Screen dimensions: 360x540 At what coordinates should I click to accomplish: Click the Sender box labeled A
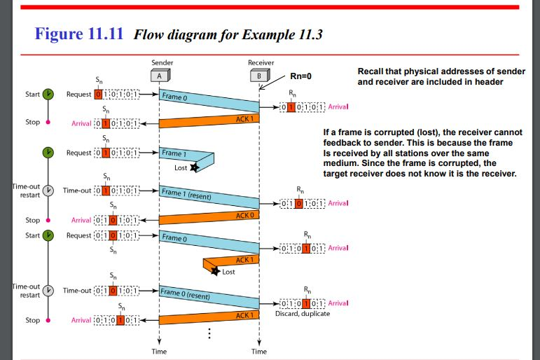(x=159, y=76)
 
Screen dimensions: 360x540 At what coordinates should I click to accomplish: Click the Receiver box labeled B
(x=259, y=76)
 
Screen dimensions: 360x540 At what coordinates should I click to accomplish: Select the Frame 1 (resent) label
(x=186, y=194)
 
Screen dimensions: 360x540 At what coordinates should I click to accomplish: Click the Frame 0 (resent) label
(x=185, y=294)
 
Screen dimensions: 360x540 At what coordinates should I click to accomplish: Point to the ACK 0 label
(x=244, y=215)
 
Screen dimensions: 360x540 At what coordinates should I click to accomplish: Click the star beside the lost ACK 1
(x=216, y=272)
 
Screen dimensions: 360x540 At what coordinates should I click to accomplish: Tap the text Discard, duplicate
(x=302, y=313)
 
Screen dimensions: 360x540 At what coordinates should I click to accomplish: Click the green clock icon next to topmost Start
(x=48, y=94)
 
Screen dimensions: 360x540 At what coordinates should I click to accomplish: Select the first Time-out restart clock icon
(x=48, y=190)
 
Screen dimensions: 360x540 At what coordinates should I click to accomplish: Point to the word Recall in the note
(x=371, y=72)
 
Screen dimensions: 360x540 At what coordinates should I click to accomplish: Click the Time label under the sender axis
(x=159, y=352)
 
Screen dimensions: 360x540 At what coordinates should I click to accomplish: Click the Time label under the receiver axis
(x=259, y=352)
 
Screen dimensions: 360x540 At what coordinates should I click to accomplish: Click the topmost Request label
(x=78, y=94)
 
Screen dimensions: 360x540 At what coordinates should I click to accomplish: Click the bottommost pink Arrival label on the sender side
(x=81, y=320)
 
